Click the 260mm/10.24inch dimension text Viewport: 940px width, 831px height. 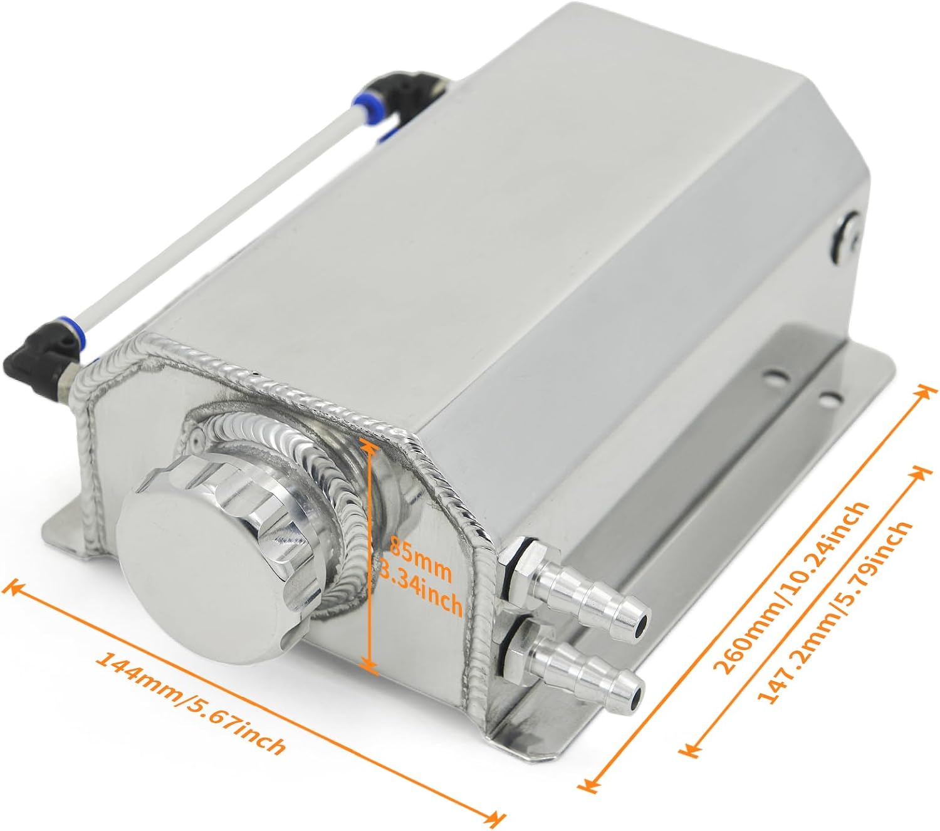[x=791, y=587]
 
